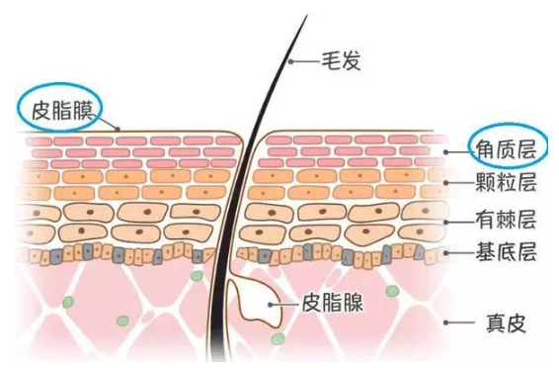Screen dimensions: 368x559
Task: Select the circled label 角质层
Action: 507,147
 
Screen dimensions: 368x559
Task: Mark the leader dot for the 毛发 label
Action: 290,61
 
